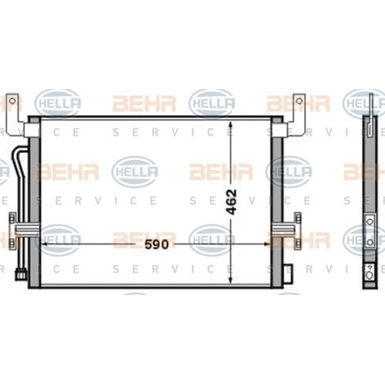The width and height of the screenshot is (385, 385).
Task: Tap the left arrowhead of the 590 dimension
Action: coord(44,245)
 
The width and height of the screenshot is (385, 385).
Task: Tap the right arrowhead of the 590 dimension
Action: coord(266,245)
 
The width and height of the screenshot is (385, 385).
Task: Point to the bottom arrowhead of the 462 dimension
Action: coord(231,280)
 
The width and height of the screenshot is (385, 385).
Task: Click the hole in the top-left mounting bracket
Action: coord(11,102)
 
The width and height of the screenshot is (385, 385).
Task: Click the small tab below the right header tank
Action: coord(288,267)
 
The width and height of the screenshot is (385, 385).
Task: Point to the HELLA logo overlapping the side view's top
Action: coord(364,103)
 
